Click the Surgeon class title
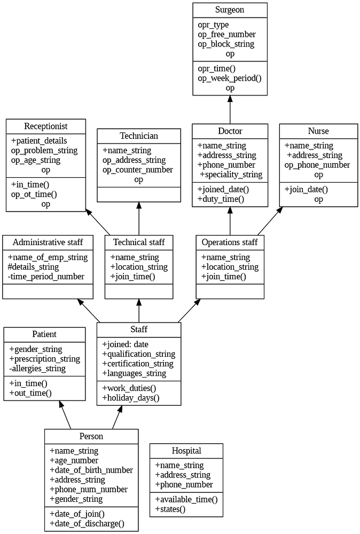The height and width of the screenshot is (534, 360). tap(230, 10)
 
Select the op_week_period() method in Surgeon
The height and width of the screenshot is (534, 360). tap(230, 78)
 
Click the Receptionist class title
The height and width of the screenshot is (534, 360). tap(46, 126)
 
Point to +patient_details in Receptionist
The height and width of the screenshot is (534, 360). tap(39, 141)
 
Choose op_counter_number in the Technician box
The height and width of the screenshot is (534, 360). tap(138, 170)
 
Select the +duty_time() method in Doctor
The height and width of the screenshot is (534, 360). tap(221, 199)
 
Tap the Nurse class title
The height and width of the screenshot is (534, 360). tap(318, 131)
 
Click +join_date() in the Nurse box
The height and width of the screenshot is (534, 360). tap(306, 190)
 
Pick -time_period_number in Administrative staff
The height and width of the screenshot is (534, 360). tap(46, 277)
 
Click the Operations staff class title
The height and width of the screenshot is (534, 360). tap(230, 242)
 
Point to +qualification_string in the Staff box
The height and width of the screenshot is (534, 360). tap(138, 354)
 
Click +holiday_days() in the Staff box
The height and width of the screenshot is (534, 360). tap(130, 398)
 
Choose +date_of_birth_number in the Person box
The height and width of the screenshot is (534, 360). tap(91, 470)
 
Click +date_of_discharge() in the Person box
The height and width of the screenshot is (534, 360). tap(87, 523)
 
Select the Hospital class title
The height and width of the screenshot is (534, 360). tap(186, 451)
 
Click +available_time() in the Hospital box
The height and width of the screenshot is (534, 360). tap(186, 499)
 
